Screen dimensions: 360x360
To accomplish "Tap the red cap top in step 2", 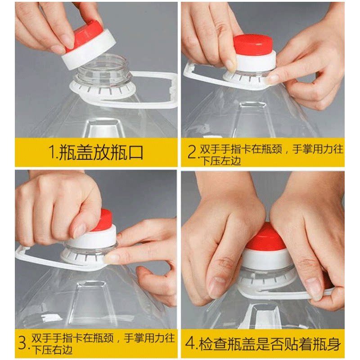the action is pos(253,45).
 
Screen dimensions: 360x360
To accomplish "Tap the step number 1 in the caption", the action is pos(53,152).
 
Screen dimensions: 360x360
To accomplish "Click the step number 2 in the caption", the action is pos(192,152).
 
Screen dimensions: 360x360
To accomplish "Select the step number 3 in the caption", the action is pos(23,343).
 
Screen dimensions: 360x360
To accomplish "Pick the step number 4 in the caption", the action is pos(190,343).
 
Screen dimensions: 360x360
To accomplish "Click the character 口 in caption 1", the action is pos(135,152).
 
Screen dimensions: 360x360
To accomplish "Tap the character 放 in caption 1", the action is pos(101,152).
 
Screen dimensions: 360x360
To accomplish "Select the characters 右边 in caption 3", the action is pos(63,350).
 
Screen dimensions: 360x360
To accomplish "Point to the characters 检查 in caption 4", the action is pos(213,344).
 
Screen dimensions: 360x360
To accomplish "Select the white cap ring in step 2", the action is pos(255,62).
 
